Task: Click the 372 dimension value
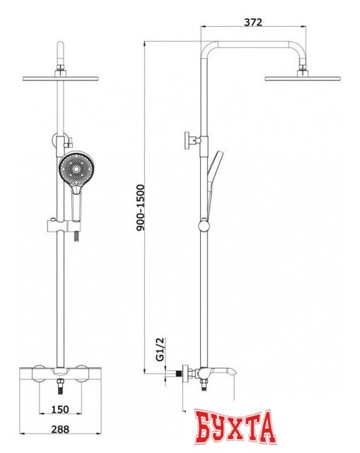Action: click(x=253, y=22)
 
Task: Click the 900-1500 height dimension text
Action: click(x=140, y=207)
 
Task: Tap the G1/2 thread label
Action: click(x=160, y=349)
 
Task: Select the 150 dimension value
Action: click(x=60, y=409)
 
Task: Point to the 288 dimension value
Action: click(x=60, y=430)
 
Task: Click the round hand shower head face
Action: click(x=76, y=168)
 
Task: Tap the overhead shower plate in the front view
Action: click(x=61, y=79)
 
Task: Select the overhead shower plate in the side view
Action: click(x=302, y=79)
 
